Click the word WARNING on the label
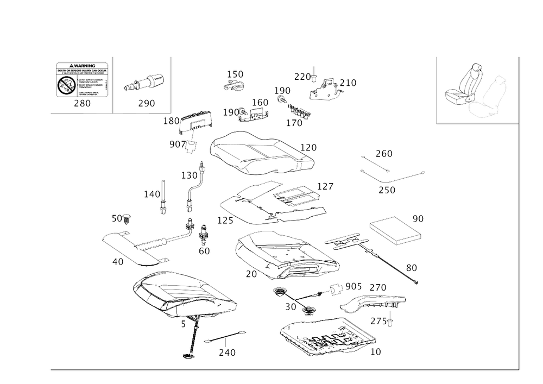(83, 65)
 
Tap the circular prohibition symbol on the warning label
(67, 84)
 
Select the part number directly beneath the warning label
(82, 103)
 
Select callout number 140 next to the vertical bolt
(151, 193)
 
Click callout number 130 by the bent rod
(190, 175)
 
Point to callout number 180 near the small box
(171, 121)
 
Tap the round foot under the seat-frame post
(188, 356)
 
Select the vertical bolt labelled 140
(162, 196)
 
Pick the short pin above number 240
(225, 337)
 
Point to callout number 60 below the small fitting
(204, 250)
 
